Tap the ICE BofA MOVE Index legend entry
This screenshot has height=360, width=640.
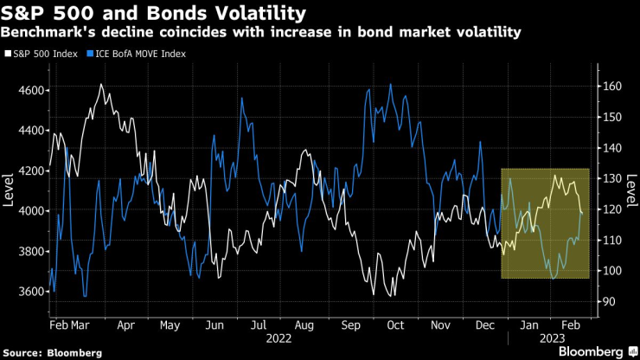pos(138,54)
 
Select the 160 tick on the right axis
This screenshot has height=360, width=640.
pos(612,86)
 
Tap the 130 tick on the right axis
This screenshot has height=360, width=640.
pos(612,178)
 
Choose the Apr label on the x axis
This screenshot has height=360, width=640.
pos(125,326)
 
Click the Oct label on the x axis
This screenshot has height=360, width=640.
pos(395,326)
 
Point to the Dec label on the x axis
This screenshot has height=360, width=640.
pos(484,326)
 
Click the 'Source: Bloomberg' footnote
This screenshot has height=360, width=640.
pos(51,353)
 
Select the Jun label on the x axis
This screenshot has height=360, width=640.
pos(214,326)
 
